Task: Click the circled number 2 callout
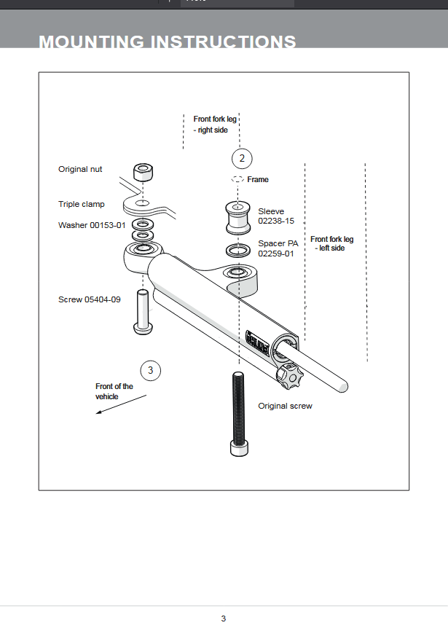pos(242,158)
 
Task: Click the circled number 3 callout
pos(150,370)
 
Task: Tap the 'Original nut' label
pos(80,169)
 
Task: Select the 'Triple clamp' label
pos(82,204)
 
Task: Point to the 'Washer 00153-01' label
pos(92,225)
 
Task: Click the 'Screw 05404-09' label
pos(90,299)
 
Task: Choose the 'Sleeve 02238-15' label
pos(276,216)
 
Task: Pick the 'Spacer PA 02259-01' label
pos(278,248)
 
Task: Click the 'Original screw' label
pos(285,406)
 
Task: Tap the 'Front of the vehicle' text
pos(114,391)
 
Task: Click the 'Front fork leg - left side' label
pos(331,243)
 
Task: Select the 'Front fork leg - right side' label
pos(215,124)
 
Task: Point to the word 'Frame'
pos(258,179)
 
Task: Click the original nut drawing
pos(143,173)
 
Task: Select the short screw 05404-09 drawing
pos(142,311)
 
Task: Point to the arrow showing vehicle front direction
pos(121,404)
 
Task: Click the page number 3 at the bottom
pos(224,619)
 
